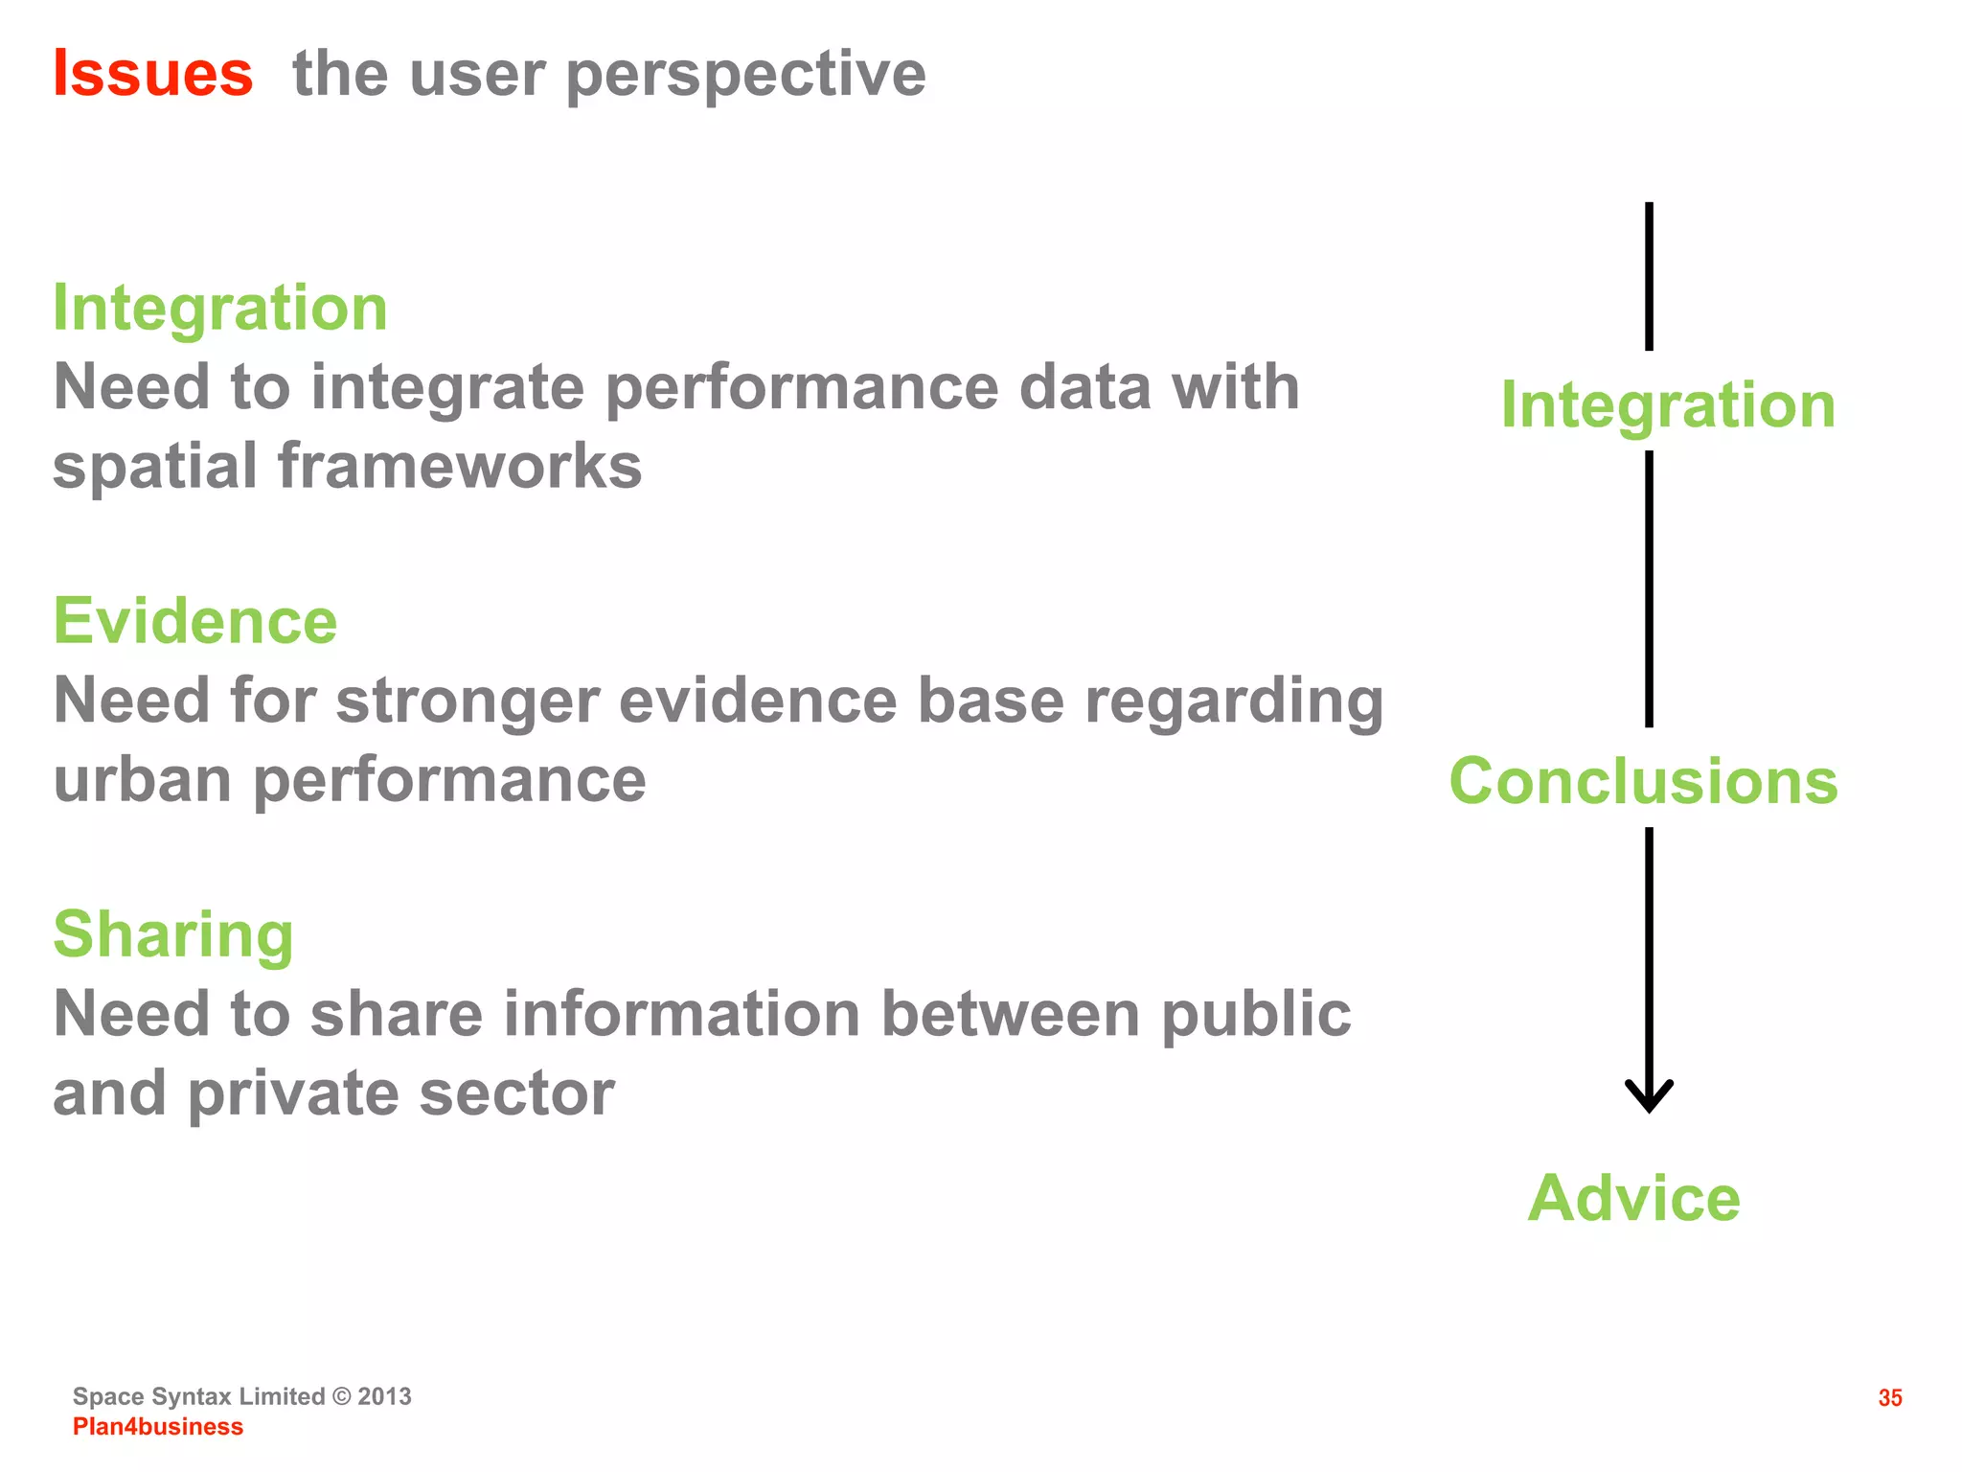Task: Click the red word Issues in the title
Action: (153, 74)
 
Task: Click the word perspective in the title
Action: (745, 77)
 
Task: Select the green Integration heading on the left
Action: (220, 309)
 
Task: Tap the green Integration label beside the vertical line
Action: (1668, 406)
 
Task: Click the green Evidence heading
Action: (195, 621)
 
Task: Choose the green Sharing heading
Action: (173, 935)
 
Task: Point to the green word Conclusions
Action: (1644, 781)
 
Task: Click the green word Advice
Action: (1634, 1198)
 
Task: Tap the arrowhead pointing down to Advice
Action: (1649, 1097)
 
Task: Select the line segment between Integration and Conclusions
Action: (1649, 588)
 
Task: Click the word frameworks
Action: (460, 467)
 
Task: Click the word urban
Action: (143, 779)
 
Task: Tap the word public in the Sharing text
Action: (1256, 1016)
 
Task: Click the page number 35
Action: (1890, 1398)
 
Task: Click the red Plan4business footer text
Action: (158, 1427)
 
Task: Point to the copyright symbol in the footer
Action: (342, 1396)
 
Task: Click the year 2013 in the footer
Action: (385, 1396)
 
